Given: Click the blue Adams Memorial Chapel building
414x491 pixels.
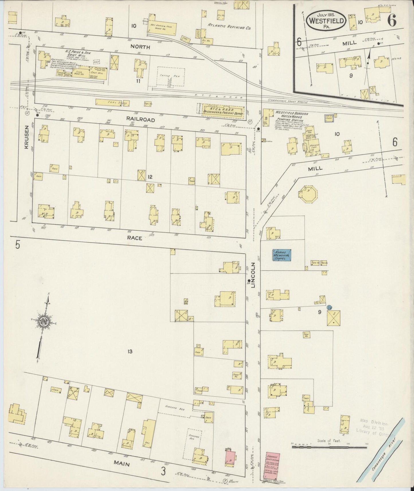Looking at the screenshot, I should click(x=282, y=255).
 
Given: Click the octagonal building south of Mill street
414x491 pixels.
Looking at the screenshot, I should click(x=307, y=194).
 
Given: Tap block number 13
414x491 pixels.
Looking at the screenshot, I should click(x=130, y=351).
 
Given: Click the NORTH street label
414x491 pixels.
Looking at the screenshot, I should click(x=140, y=47).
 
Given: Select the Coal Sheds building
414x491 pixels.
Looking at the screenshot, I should click(x=112, y=102).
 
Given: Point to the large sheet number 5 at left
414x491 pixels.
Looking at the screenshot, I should click(x=18, y=245).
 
